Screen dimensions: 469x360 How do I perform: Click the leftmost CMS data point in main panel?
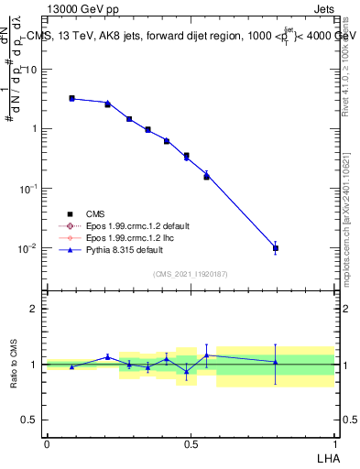pos(71,98)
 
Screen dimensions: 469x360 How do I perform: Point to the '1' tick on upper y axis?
pos(35,128)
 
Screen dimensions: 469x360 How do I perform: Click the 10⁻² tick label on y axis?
pos(29,248)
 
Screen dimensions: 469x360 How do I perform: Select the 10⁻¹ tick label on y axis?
pos(29,189)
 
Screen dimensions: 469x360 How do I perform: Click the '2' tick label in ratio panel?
pos(35,309)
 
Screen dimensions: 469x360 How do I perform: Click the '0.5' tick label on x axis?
pos(191,444)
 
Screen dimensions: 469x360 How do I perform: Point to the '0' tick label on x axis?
pos(47,444)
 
